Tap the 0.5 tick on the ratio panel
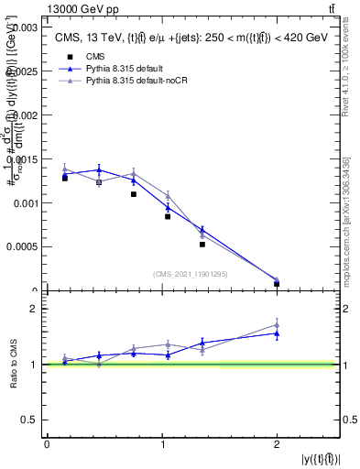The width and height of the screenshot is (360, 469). [28, 420]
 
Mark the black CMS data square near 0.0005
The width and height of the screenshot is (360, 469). [202, 245]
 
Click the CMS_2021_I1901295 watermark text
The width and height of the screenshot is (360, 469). [191, 274]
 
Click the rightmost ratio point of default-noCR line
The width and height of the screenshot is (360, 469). [277, 325]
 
